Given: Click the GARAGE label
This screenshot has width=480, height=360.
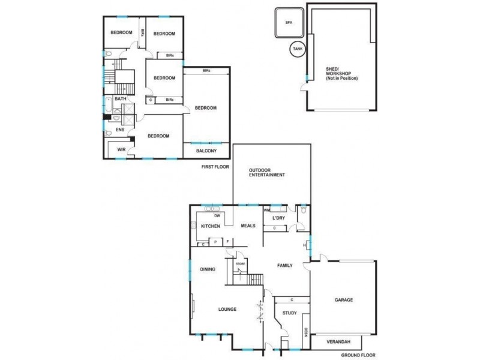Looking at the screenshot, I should (343, 300).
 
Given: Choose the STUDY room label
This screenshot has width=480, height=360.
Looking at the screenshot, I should (281, 313).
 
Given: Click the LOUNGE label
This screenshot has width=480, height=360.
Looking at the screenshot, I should (227, 310).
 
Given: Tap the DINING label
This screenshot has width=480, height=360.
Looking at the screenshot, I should (208, 269).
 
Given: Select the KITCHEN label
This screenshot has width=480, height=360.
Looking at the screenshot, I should (210, 226).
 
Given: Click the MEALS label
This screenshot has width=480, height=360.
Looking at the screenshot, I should (248, 226).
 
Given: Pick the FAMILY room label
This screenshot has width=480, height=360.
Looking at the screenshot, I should (284, 265).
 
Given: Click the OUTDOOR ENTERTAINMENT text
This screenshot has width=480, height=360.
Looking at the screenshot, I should (266, 173).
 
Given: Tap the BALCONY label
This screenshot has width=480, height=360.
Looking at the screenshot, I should (206, 151).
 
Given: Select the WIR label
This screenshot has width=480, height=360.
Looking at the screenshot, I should (121, 149).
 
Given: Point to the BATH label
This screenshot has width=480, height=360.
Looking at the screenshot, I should (121, 99).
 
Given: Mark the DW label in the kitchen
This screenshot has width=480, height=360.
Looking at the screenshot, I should (218, 215).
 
